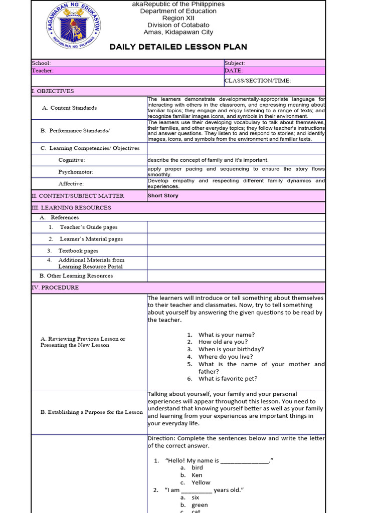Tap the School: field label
(41, 63)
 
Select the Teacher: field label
(43, 71)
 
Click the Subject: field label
(235, 63)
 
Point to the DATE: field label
(234, 71)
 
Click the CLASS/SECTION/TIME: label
(258, 81)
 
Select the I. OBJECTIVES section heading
(53, 91)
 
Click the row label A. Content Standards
(70, 108)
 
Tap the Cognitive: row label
(72, 160)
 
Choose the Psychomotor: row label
(76, 172)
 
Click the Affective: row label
(71, 184)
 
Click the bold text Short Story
(163, 196)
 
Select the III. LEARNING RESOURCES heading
(71, 207)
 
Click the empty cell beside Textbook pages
(236, 250)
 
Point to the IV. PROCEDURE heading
(55, 288)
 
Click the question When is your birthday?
(231, 349)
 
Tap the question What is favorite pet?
(228, 379)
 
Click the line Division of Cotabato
(178, 25)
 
